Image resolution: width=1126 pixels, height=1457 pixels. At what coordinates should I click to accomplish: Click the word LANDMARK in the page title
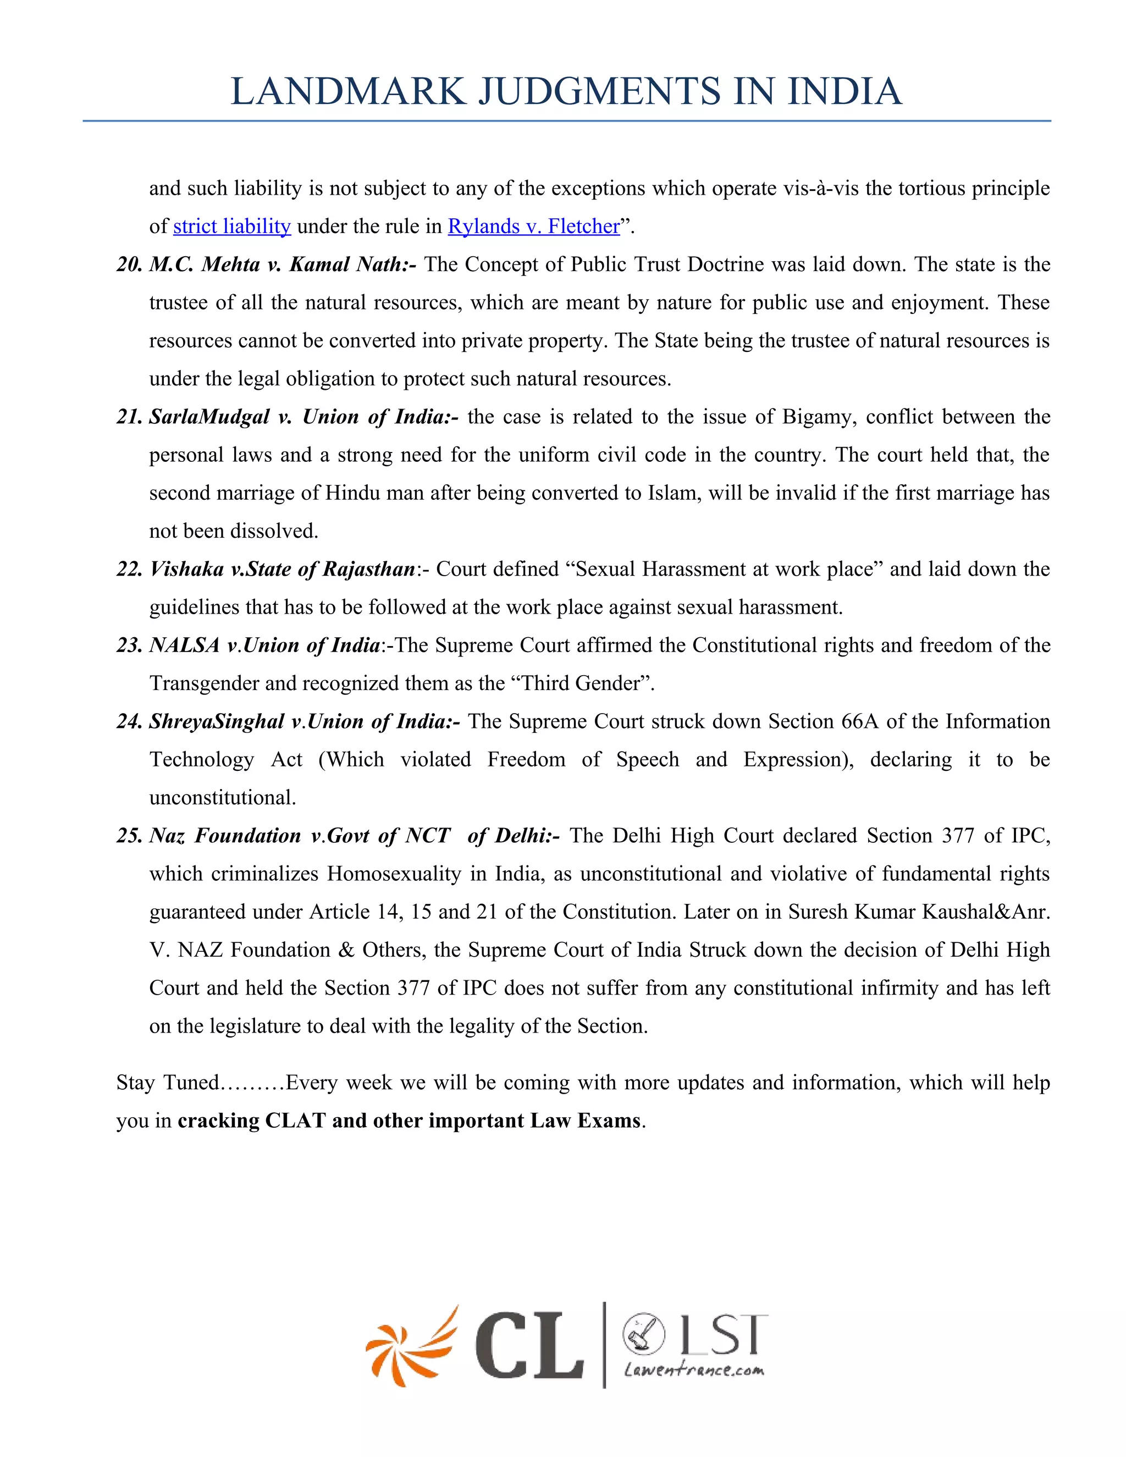(x=347, y=91)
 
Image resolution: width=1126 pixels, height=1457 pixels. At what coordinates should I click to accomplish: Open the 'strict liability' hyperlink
(x=231, y=227)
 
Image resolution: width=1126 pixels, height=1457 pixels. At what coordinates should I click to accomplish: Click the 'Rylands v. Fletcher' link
(x=534, y=227)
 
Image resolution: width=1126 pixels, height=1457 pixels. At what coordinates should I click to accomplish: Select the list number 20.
(x=129, y=265)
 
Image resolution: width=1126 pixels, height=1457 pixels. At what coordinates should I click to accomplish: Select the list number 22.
(x=129, y=570)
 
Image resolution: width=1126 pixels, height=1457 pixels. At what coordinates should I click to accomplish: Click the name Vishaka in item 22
(x=186, y=570)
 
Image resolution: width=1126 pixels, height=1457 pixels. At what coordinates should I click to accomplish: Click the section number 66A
(x=859, y=722)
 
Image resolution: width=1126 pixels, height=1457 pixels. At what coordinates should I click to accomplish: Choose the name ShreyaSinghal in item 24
(x=217, y=722)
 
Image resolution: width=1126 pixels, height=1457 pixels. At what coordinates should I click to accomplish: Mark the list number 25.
(x=129, y=836)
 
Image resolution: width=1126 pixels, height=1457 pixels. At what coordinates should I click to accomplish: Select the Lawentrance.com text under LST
(x=694, y=1370)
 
